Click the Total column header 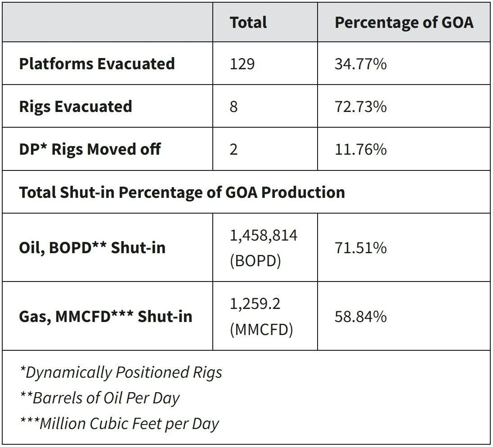point(248,22)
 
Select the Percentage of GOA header point(404,22)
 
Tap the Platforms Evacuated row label point(97,64)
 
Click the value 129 point(242,64)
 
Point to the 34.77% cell point(361,64)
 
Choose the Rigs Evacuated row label point(76,106)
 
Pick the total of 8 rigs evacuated point(233,107)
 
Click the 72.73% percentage point(361,107)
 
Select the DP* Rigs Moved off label point(90,149)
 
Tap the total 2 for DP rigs point(233,149)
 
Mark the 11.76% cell point(361,149)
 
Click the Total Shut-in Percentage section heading point(182,192)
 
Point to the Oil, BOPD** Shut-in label point(93,247)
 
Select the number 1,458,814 point(264,236)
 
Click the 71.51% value point(361,248)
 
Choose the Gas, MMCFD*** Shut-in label point(106,316)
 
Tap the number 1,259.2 point(255,304)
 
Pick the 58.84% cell point(361,316)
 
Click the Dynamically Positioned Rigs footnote point(121,372)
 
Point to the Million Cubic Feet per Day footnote point(120,424)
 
